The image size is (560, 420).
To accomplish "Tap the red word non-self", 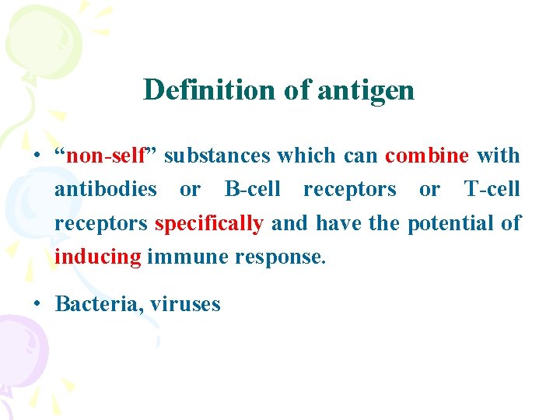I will tap(107, 156).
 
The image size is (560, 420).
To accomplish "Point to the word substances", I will tap(217, 156).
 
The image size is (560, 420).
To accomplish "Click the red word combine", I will tap(427, 156).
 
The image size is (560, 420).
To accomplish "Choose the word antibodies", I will tap(105, 189).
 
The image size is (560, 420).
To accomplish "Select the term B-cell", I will tap(252, 189).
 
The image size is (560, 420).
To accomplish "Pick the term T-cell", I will tap(492, 189).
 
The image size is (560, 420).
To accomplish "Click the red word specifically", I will tap(209, 223).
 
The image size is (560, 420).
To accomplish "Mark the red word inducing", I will tap(97, 257).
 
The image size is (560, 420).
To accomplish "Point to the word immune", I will tap(179, 257).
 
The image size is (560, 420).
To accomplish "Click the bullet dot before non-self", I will tap(37, 156).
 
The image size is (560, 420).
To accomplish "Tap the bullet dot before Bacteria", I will tap(37, 303).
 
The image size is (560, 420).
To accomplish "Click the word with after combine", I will tap(498, 156).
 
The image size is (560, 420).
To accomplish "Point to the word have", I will tap(340, 223).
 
